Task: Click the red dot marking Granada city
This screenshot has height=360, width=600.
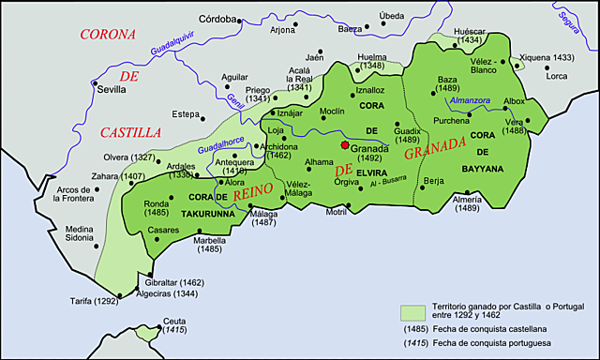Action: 345,145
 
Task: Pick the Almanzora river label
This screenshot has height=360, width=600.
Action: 472,99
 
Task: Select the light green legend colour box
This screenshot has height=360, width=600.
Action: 412,311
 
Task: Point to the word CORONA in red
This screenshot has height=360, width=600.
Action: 108,35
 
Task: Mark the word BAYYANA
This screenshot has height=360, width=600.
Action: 482,169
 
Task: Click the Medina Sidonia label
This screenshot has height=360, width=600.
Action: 80,233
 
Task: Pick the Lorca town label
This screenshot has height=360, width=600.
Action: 557,76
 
